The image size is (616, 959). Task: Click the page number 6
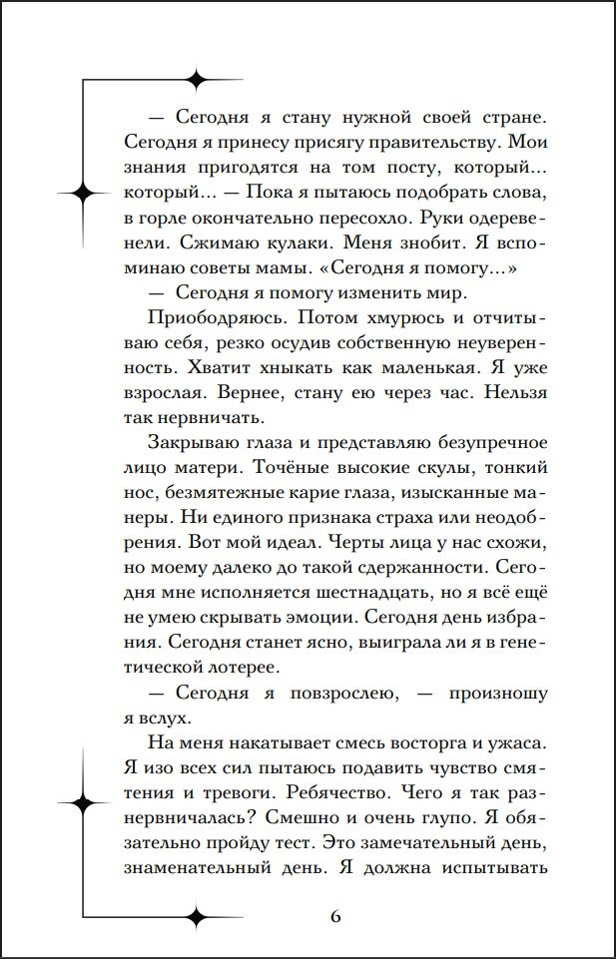click(335, 917)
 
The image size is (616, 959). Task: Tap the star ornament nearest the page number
click(197, 915)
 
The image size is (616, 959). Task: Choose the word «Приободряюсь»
click(212, 320)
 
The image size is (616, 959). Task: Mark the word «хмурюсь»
click(397, 320)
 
